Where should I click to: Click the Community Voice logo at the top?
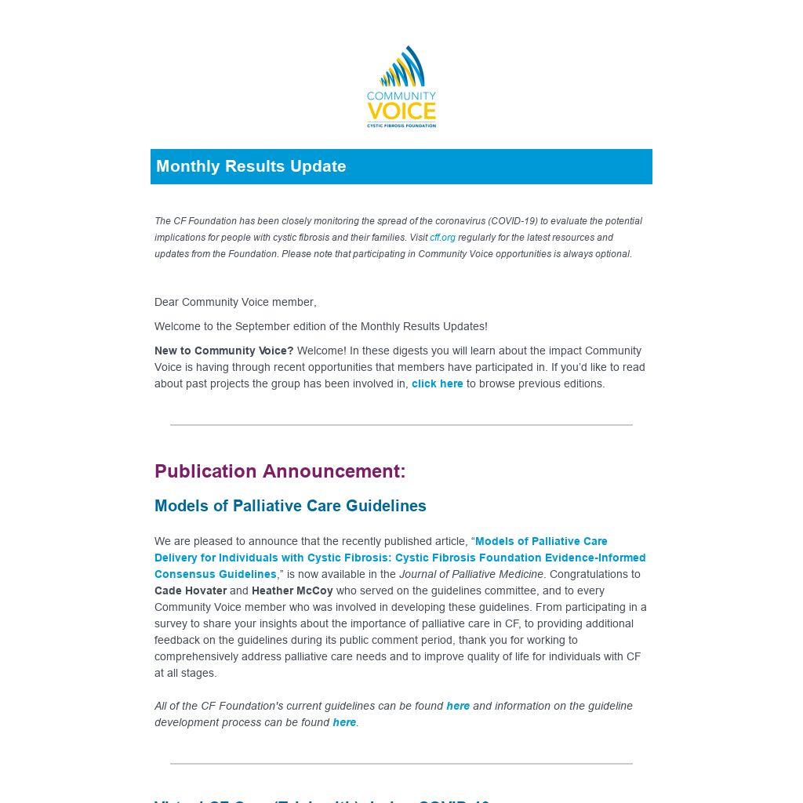[x=401, y=87]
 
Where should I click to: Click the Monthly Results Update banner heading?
[x=251, y=166]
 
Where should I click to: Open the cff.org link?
[x=442, y=238]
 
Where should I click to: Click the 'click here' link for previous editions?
[x=437, y=383]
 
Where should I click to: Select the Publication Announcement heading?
[x=280, y=471]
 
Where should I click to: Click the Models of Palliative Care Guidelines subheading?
[x=290, y=506]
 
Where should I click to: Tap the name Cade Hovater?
[x=191, y=590]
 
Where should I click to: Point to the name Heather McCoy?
[x=292, y=590]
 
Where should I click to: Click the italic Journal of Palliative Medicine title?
[x=471, y=574]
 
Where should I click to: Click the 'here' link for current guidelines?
[x=458, y=706]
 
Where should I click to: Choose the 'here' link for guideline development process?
[x=344, y=722]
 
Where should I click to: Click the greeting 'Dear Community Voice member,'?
[x=235, y=302]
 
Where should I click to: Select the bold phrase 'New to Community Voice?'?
[x=224, y=351]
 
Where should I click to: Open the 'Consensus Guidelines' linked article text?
[x=216, y=574]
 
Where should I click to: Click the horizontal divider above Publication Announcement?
[x=401, y=424]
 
